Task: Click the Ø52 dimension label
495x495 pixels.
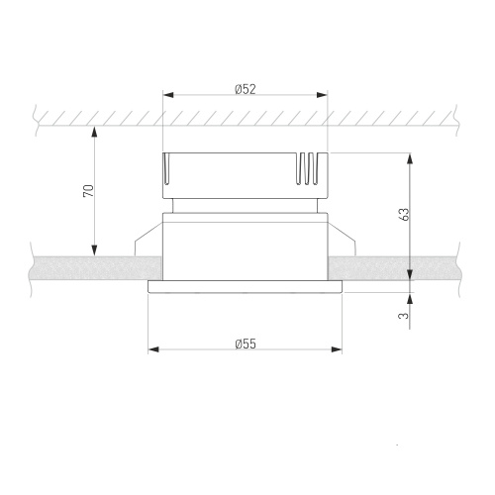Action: coord(246,89)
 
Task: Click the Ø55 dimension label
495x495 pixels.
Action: coord(246,344)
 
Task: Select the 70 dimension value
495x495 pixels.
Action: coord(88,191)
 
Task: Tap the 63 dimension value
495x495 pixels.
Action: coord(404,214)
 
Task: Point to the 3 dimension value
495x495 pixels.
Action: coord(404,316)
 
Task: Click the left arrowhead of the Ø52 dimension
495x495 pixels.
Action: coord(168,95)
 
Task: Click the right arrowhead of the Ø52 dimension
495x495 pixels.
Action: coord(322,95)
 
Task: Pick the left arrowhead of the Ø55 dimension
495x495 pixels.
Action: coord(153,349)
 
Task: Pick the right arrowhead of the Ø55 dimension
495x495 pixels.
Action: coord(337,349)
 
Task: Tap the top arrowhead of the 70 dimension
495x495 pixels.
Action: coord(95,132)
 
